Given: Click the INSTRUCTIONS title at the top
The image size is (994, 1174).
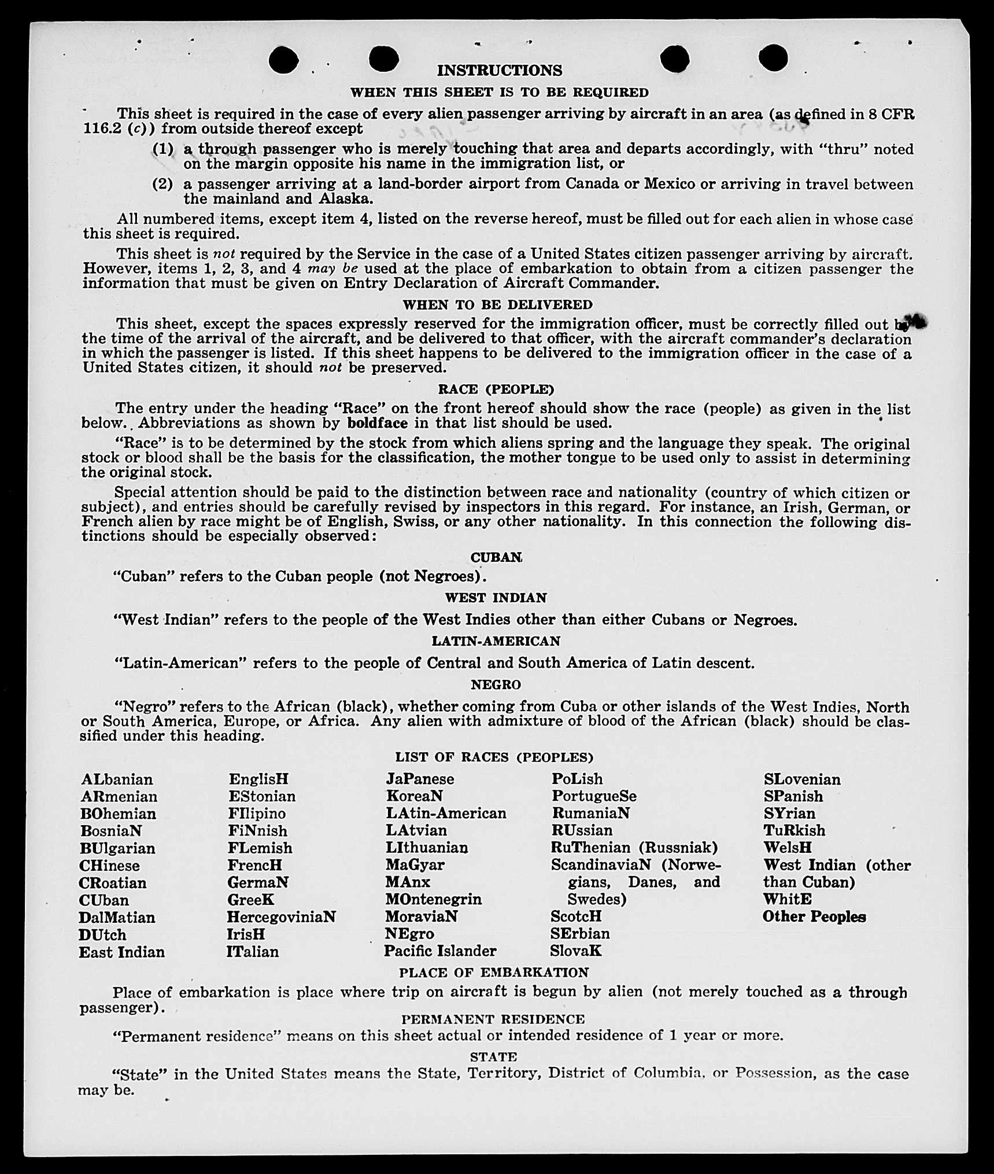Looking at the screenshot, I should click(x=499, y=71).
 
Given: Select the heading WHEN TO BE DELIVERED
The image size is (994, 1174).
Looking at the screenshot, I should click(x=497, y=305).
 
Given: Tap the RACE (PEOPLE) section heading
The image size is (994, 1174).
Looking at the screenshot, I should click(x=496, y=389).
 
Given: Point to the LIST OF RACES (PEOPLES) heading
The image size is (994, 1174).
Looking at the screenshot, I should click(x=494, y=757).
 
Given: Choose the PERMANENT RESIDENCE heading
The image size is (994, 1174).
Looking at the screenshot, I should click(x=493, y=1019).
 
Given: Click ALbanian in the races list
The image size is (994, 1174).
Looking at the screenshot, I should click(x=117, y=779).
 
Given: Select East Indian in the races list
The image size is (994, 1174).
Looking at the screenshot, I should click(x=121, y=952).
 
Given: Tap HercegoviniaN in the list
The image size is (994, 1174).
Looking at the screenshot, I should click(x=281, y=917).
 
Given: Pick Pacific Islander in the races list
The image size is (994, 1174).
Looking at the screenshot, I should click(x=440, y=951).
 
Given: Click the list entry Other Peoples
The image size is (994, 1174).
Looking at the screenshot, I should click(x=814, y=917).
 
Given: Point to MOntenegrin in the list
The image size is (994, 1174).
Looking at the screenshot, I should click(x=433, y=900).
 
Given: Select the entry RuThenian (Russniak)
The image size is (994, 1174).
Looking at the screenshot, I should click(x=634, y=848).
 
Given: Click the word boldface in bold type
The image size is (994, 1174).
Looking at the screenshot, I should click(x=377, y=423).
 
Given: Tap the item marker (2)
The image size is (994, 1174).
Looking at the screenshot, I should click(x=162, y=185).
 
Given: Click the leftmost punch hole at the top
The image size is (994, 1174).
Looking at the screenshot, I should click(x=283, y=60).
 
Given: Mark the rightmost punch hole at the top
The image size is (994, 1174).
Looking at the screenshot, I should click(x=773, y=58).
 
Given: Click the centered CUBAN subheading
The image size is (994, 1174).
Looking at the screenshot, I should click(x=496, y=558).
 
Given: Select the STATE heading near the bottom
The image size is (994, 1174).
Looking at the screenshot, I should click(x=493, y=1057).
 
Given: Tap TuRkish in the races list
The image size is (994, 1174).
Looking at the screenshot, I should click(x=794, y=831).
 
